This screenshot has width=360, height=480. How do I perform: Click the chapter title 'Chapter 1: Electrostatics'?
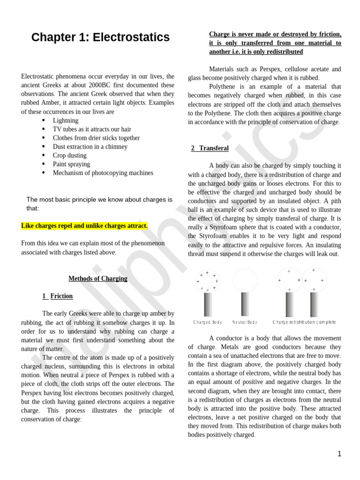(100, 37)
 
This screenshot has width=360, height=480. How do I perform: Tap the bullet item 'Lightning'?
(66, 120)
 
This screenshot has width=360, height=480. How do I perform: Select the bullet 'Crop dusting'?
(69, 155)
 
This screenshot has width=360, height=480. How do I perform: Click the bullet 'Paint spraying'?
(71, 164)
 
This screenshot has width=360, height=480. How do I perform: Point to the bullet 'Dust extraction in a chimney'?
(90, 147)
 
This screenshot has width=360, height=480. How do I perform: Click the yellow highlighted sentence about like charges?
(84, 226)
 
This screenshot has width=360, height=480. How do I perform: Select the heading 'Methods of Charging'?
(98, 278)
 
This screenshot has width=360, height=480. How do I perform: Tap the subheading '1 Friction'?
(58, 296)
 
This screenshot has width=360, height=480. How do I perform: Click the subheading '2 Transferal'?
(210, 148)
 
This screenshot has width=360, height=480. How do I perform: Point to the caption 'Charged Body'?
(208, 322)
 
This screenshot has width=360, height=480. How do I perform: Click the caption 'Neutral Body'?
(245, 322)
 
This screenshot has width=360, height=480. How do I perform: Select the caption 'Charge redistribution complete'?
(304, 322)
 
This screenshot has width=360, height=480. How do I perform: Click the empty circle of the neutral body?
(245, 280)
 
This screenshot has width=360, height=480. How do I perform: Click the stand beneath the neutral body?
(245, 304)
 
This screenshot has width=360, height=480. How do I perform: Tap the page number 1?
(339, 454)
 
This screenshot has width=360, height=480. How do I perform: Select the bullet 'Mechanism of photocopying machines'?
(103, 173)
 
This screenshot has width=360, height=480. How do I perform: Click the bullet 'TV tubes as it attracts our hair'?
(92, 129)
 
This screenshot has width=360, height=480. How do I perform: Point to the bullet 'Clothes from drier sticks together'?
(96, 138)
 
